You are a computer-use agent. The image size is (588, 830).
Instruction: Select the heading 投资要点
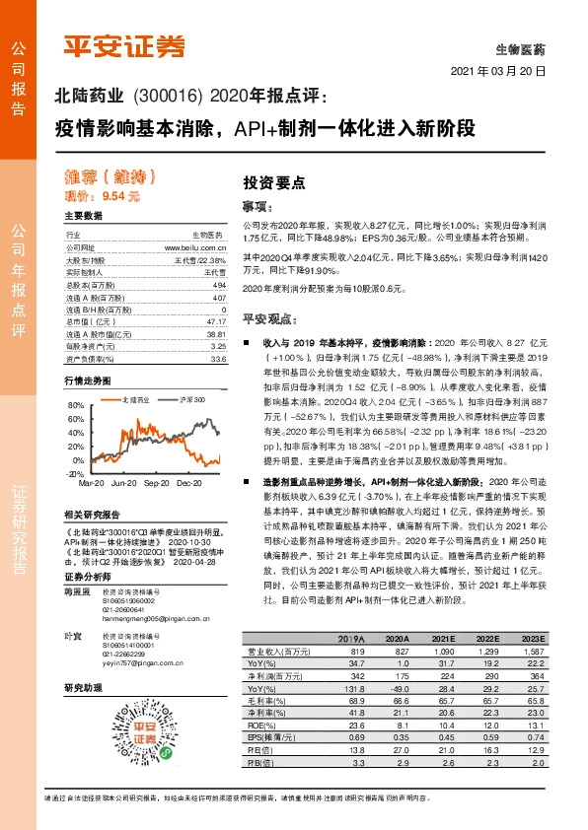pyautogui.click(x=274, y=182)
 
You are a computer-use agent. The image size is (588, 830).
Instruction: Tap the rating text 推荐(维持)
pyautogui.click(x=110, y=178)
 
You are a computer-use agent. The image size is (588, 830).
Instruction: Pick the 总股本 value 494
pyautogui.click(x=219, y=285)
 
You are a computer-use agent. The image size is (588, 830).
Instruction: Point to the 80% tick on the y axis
pyautogui.click(x=75, y=405)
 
